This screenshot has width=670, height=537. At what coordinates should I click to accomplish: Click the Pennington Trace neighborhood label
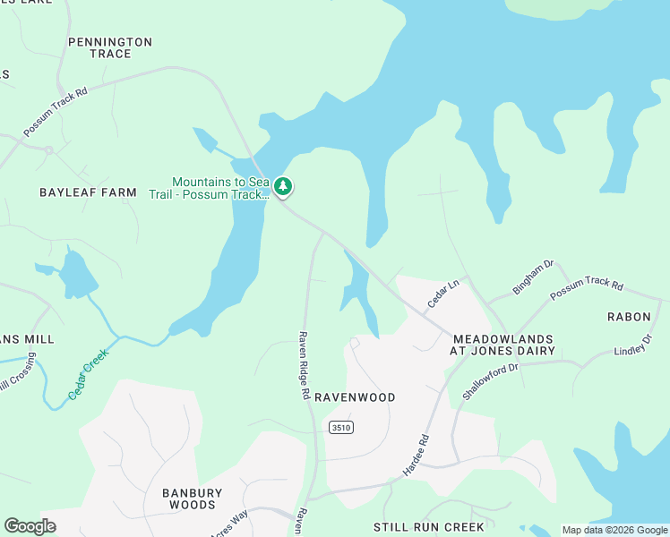tap(110, 47)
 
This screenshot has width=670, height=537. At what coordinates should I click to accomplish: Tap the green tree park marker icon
tap(283, 187)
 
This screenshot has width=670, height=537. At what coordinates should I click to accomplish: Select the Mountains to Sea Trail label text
tap(220, 187)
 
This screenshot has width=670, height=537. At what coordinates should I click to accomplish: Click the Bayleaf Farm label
tap(88, 192)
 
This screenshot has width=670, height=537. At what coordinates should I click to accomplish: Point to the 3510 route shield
tap(340, 427)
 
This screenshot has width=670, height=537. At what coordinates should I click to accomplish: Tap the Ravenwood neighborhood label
tap(354, 396)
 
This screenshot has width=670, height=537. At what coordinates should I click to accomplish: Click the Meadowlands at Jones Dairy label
tap(503, 345)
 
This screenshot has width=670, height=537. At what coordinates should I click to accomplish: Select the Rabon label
tap(629, 317)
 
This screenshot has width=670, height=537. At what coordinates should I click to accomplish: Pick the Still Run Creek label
tap(429, 526)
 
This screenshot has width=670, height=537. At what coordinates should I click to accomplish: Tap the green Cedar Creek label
tap(88, 373)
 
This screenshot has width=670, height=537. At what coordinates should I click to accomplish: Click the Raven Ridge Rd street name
tap(305, 366)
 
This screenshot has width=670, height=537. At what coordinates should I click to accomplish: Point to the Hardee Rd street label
tap(417, 456)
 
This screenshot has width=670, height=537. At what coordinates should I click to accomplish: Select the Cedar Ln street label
tap(442, 294)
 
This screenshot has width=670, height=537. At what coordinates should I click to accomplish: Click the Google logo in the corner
tap(30, 526)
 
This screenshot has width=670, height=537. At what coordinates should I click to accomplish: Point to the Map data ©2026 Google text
tap(614, 530)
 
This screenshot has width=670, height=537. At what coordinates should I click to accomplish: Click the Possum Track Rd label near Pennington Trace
tap(56, 112)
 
